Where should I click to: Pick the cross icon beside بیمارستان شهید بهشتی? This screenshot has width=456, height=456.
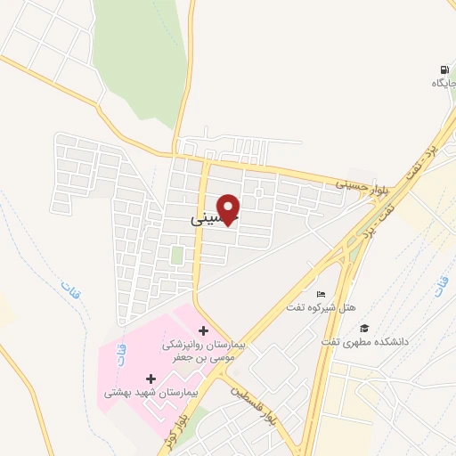click(x=151, y=379)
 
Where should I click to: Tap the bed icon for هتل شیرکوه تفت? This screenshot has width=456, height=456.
click(x=322, y=295)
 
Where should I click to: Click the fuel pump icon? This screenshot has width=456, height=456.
click(x=444, y=69)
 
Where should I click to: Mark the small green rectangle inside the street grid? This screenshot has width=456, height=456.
click(x=177, y=255)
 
